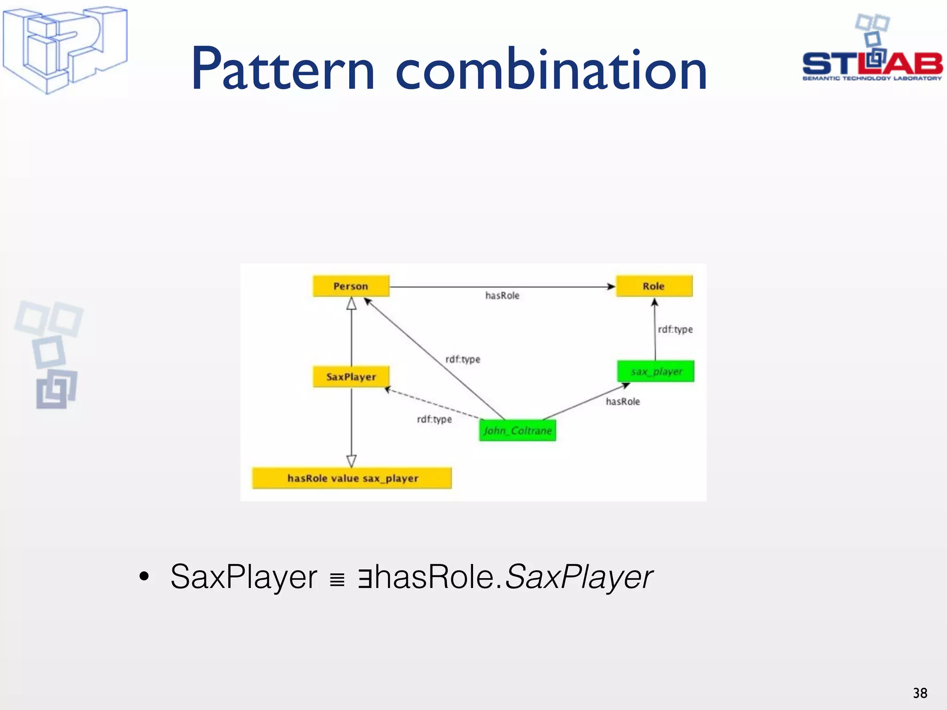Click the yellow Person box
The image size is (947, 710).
click(351, 286)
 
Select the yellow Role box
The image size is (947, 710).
click(654, 286)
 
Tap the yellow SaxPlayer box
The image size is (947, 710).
click(351, 377)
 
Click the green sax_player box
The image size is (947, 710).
click(656, 371)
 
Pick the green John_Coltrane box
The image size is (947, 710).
click(517, 430)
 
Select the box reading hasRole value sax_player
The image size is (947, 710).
click(352, 478)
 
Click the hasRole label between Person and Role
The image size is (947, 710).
click(502, 295)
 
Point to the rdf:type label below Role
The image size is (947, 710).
click(675, 329)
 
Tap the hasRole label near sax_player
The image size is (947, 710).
click(623, 401)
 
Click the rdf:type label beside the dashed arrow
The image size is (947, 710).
click(434, 419)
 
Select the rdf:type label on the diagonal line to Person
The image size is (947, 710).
click(462, 359)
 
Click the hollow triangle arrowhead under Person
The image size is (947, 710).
click(351, 304)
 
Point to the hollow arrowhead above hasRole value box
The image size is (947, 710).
click(351, 460)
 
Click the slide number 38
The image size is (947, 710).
click(920, 693)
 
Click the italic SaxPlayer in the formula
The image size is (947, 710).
click(579, 577)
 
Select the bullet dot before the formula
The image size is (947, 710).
click(144, 576)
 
